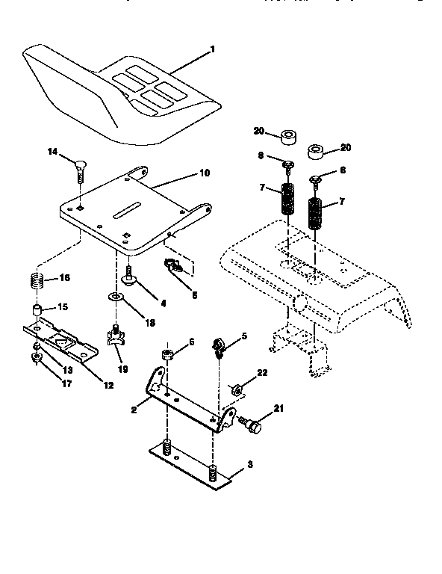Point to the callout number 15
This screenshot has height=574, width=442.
(x=63, y=307)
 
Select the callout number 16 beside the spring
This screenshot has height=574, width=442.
(x=64, y=279)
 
